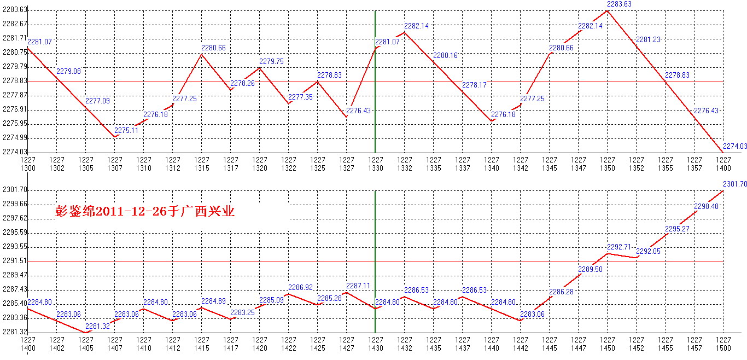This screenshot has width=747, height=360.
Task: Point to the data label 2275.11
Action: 126,130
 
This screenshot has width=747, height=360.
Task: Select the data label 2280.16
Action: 445,55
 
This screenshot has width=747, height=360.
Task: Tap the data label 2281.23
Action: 647,39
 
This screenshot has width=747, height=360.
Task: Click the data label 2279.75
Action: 271,62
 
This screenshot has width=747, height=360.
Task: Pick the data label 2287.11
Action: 358,286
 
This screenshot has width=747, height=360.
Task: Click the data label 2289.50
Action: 590,269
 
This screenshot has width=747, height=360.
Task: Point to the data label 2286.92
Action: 300,287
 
